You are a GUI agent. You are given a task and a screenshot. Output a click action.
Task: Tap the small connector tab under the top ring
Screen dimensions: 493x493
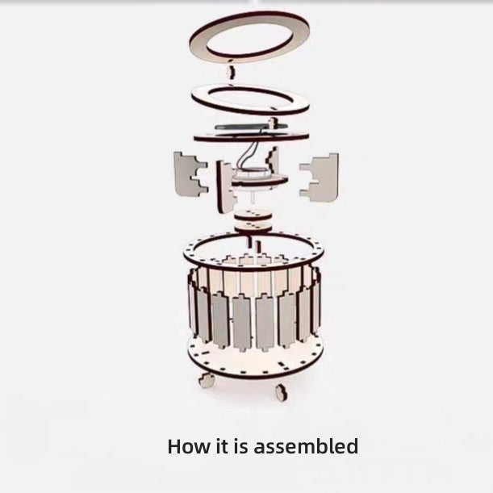[232, 73]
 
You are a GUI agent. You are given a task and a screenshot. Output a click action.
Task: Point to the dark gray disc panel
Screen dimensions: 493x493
[249, 127]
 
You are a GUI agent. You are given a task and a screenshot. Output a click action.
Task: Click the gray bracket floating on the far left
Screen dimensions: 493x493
[189, 174]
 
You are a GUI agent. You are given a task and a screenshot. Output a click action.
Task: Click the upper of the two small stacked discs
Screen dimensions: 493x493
[253, 215]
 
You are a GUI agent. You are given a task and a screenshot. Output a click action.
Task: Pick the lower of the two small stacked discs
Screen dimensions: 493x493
[253, 227]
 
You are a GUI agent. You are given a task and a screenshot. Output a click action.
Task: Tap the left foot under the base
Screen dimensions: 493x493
[207, 380]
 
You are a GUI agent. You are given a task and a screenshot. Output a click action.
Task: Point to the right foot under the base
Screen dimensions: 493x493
[281, 392]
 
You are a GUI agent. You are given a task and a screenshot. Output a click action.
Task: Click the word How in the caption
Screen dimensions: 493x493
[189, 446]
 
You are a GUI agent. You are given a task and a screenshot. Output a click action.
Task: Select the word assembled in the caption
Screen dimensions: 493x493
[306, 446]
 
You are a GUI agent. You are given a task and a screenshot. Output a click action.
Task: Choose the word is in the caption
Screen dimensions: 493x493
[240, 446]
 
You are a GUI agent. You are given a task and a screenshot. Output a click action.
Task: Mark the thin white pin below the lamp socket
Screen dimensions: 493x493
[253, 198]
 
